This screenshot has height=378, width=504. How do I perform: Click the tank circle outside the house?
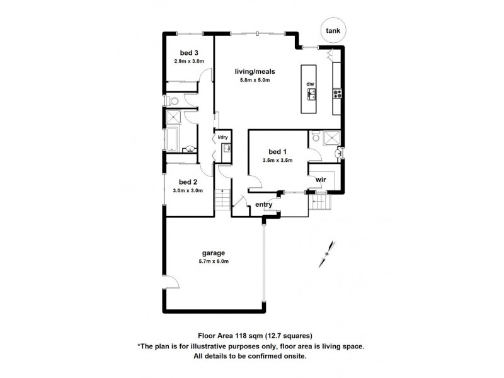pos(331,30)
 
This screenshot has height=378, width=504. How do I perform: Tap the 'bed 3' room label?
pos(188,52)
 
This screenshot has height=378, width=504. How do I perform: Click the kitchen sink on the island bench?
pos(311,94)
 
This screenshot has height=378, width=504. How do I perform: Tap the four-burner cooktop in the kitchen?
pos(338,94)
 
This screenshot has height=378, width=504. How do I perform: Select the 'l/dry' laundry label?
pos(222,137)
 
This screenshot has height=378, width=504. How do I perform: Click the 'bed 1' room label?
pos(277,152)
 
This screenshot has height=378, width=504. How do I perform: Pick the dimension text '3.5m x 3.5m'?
pos(277,161)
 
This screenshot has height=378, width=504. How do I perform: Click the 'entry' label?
pos(263,204)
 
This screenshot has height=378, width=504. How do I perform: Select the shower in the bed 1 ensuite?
pos(331,137)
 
